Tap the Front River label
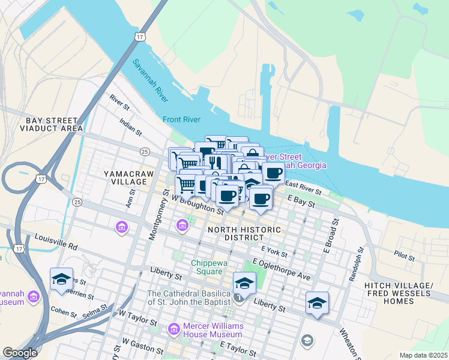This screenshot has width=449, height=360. pyautogui.click(x=181, y=119)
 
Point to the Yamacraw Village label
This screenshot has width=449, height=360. pyautogui.click(x=125, y=177)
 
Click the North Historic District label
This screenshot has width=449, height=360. pyautogui.click(x=244, y=233)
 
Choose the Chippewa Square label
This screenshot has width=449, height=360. pyautogui.click(x=207, y=267)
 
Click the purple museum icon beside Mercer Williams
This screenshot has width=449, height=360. pyautogui.click(x=174, y=329)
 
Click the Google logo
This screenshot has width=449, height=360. pyautogui.click(x=20, y=353)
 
